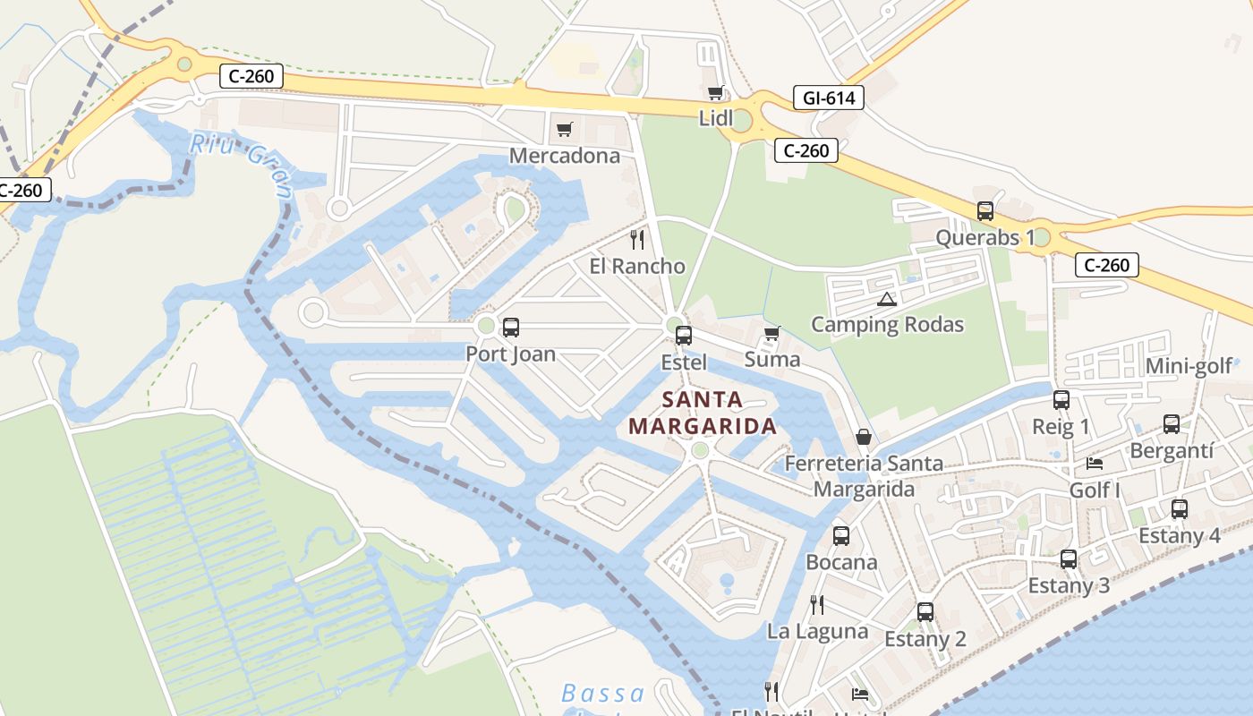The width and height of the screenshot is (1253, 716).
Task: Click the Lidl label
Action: coord(715,118)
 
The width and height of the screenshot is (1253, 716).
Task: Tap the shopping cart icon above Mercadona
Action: coord(564,130)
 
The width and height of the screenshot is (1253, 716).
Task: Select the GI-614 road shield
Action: coord(828,98)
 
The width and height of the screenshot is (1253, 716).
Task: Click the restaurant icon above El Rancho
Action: coord(637,239)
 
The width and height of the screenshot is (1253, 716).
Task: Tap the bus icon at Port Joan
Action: coord(511,328)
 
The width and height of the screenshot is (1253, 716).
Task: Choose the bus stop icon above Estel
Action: coord(684,336)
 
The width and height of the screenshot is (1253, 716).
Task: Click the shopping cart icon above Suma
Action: coord(772,333)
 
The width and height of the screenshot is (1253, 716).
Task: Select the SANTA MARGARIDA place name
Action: coord(703,413)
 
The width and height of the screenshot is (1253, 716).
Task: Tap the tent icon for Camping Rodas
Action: coord(886,299)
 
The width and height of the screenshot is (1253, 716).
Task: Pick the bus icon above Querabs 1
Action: coord(985,211)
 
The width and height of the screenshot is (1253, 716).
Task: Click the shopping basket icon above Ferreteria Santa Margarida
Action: coord(864,437)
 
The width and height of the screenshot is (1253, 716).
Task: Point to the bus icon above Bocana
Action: coord(841,536)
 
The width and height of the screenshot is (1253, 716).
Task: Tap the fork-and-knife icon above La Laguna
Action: coord(817,605)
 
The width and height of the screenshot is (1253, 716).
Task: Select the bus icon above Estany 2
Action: coord(925,612)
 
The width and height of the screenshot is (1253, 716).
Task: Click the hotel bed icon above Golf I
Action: coord(1095,464)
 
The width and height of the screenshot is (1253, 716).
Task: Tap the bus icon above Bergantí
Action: coord(1172,424)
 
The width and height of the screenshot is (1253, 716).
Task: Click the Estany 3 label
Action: coord(1069,586)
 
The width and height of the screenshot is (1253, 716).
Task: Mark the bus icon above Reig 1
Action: coord(1061,400)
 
